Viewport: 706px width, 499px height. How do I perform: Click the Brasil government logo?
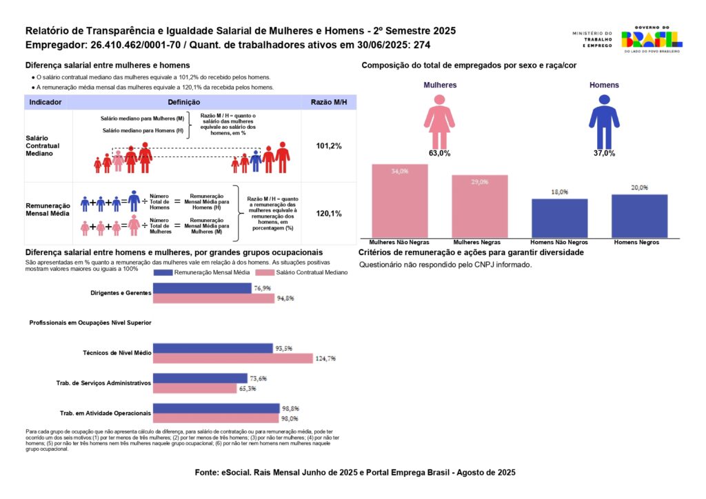[x=652, y=39]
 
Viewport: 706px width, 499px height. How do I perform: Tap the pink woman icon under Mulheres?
[x=438, y=121]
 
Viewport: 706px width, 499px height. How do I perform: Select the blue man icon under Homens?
[x=604, y=121]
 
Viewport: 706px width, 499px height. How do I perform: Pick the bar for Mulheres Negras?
[x=480, y=206]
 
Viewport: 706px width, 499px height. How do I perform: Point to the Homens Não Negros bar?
[x=559, y=218]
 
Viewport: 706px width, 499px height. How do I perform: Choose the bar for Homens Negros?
[x=639, y=216]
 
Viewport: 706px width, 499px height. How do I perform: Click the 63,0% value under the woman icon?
[x=439, y=153]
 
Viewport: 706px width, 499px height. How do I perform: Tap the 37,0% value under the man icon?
[x=604, y=153]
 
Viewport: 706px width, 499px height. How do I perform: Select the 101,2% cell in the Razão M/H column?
[x=329, y=146]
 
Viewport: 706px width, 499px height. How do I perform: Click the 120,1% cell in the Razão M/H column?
[x=329, y=214]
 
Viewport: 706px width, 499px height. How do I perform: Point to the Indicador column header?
[x=46, y=102]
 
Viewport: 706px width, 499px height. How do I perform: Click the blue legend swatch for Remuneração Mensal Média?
[x=163, y=272]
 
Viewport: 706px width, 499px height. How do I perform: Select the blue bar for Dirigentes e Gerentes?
[x=202, y=288]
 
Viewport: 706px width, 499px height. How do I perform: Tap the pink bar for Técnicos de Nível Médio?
[x=232, y=358]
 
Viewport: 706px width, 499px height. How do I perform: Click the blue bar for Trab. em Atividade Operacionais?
[x=216, y=408]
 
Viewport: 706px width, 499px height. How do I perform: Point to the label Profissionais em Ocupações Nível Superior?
[x=90, y=323]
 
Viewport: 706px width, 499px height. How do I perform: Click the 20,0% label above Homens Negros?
[x=639, y=187]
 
